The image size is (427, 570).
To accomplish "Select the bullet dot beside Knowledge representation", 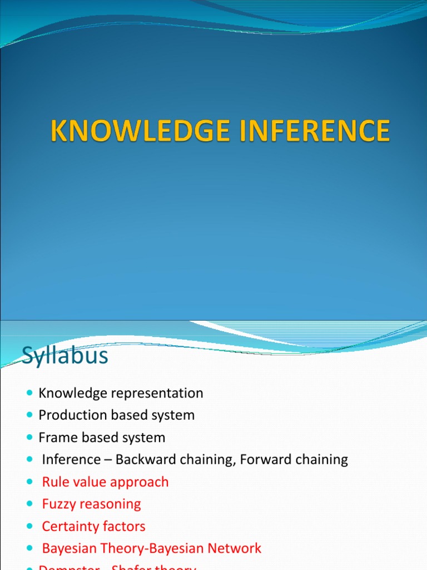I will pyautogui.click(x=29, y=394).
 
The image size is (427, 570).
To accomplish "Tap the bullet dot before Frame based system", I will pyautogui.click(x=29, y=438).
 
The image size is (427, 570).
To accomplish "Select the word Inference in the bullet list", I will pyautogui.click(x=69, y=460).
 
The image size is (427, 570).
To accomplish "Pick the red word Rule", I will pyautogui.click(x=56, y=482).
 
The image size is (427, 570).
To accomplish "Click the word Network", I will pyautogui.click(x=235, y=548).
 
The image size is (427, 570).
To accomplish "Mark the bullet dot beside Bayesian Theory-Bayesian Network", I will pyautogui.click(x=29, y=549).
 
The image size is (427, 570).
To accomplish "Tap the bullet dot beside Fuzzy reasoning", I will pyautogui.click(x=29, y=505).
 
